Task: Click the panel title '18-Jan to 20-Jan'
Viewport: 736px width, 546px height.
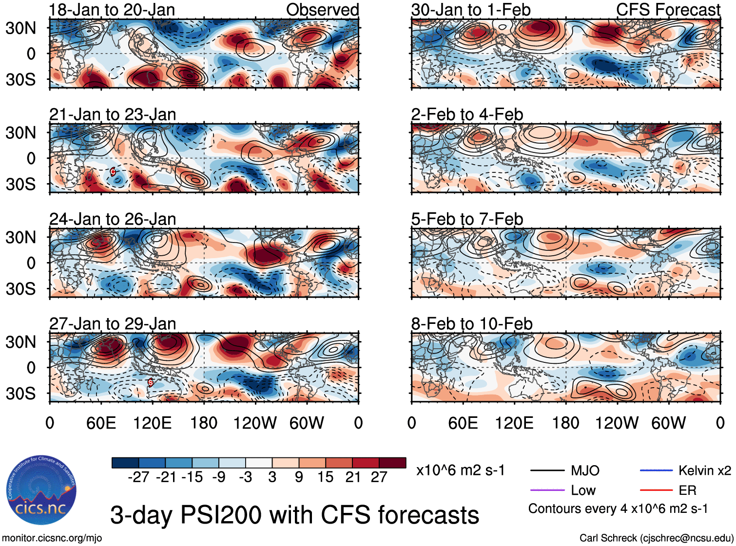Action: pyautogui.click(x=112, y=10)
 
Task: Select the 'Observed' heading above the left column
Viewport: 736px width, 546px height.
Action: pyautogui.click(x=322, y=10)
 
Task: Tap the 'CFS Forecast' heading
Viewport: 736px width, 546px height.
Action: pyautogui.click(x=668, y=10)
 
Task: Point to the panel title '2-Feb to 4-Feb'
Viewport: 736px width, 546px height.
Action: pyautogui.click(x=467, y=114)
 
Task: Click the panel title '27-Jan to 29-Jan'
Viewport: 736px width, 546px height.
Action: pyautogui.click(x=113, y=324)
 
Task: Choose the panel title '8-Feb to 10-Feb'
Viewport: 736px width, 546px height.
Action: pyautogui.click(x=472, y=324)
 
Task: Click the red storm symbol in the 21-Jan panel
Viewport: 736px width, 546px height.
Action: pyautogui.click(x=113, y=171)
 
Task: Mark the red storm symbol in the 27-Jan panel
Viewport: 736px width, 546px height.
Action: pyautogui.click(x=151, y=382)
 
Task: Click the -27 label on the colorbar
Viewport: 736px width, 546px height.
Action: pyautogui.click(x=138, y=477)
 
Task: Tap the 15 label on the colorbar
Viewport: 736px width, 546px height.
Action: pyautogui.click(x=325, y=477)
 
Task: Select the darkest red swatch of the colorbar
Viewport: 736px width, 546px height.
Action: pyautogui.click(x=392, y=463)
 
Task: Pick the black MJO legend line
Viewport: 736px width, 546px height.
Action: pyautogui.click(x=547, y=471)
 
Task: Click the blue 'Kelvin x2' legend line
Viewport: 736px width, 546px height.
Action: pyautogui.click(x=656, y=471)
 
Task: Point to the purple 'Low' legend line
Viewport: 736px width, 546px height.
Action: pyautogui.click(x=547, y=490)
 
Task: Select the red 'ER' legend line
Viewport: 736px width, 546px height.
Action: pyautogui.click(x=656, y=490)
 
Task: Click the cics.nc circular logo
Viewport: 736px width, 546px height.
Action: pyautogui.click(x=41, y=491)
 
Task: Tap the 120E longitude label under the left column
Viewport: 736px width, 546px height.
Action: pyautogui.click(x=153, y=423)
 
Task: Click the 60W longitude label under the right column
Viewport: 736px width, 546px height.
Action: pyautogui.click(x=668, y=423)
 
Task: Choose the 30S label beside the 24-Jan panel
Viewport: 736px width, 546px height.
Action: pyautogui.click(x=20, y=289)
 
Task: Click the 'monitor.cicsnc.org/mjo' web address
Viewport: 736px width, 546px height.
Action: pyautogui.click(x=52, y=538)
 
